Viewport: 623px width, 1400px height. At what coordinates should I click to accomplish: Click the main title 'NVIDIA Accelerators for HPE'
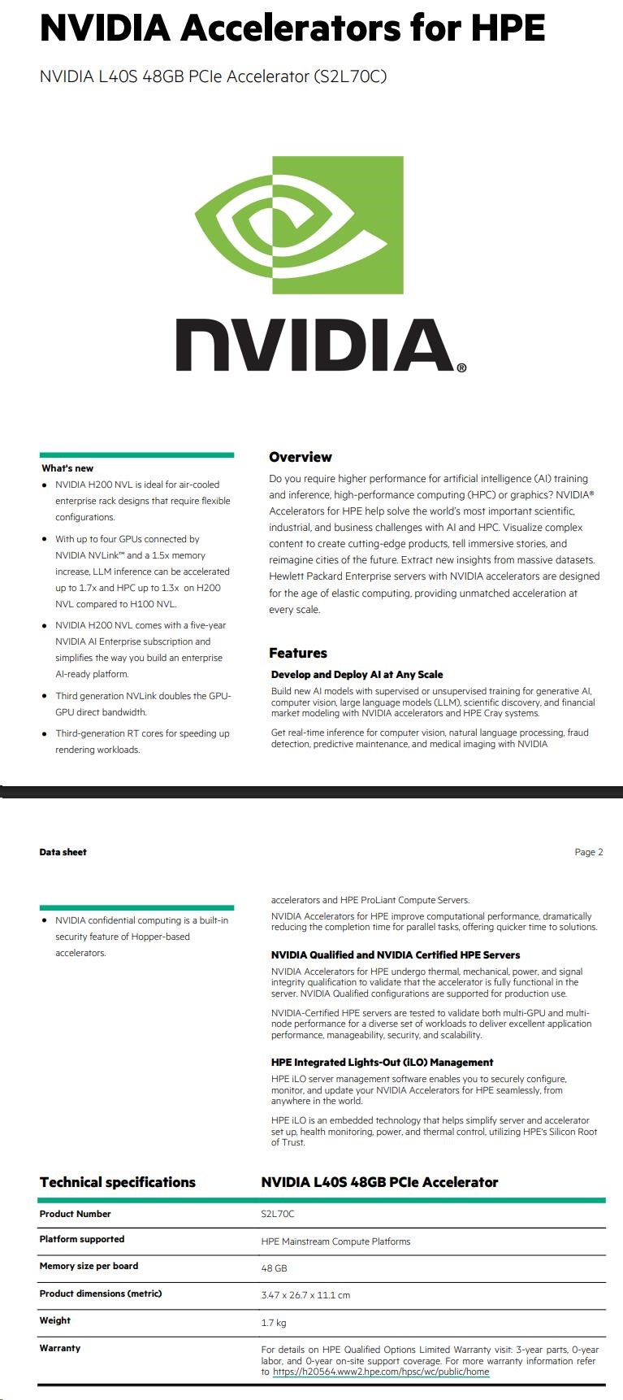click(292, 28)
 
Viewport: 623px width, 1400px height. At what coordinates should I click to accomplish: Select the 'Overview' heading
click(301, 457)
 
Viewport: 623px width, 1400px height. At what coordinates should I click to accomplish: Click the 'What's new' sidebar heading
click(67, 468)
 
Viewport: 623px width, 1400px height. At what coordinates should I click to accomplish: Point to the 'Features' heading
click(298, 653)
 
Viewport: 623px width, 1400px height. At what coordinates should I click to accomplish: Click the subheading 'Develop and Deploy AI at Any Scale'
click(357, 674)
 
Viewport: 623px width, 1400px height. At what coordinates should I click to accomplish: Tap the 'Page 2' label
click(588, 852)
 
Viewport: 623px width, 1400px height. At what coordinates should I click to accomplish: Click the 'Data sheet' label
click(63, 852)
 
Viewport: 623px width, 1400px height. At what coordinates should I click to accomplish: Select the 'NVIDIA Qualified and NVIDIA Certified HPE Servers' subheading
click(395, 954)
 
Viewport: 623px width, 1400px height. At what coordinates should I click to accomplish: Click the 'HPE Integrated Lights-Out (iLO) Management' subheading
click(382, 1062)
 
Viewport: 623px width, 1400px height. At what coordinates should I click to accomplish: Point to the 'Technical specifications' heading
click(118, 1182)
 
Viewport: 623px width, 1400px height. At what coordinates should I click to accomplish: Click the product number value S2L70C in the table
click(278, 1214)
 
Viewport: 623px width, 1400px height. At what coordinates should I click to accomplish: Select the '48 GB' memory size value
click(274, 1268)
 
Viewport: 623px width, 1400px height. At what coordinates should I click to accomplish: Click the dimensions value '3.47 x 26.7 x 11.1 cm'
click(305, 1295)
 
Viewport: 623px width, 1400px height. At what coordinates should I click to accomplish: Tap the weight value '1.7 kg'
click(274, 1323)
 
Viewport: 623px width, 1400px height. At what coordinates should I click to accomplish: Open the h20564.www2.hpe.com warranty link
click(381, 1372)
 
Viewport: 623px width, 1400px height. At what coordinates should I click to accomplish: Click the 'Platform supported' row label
click(82, 1239)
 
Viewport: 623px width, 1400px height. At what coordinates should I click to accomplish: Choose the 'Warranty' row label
click(60, 1348)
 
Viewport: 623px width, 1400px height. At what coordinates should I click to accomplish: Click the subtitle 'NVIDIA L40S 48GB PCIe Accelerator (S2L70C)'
click(213, 76)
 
